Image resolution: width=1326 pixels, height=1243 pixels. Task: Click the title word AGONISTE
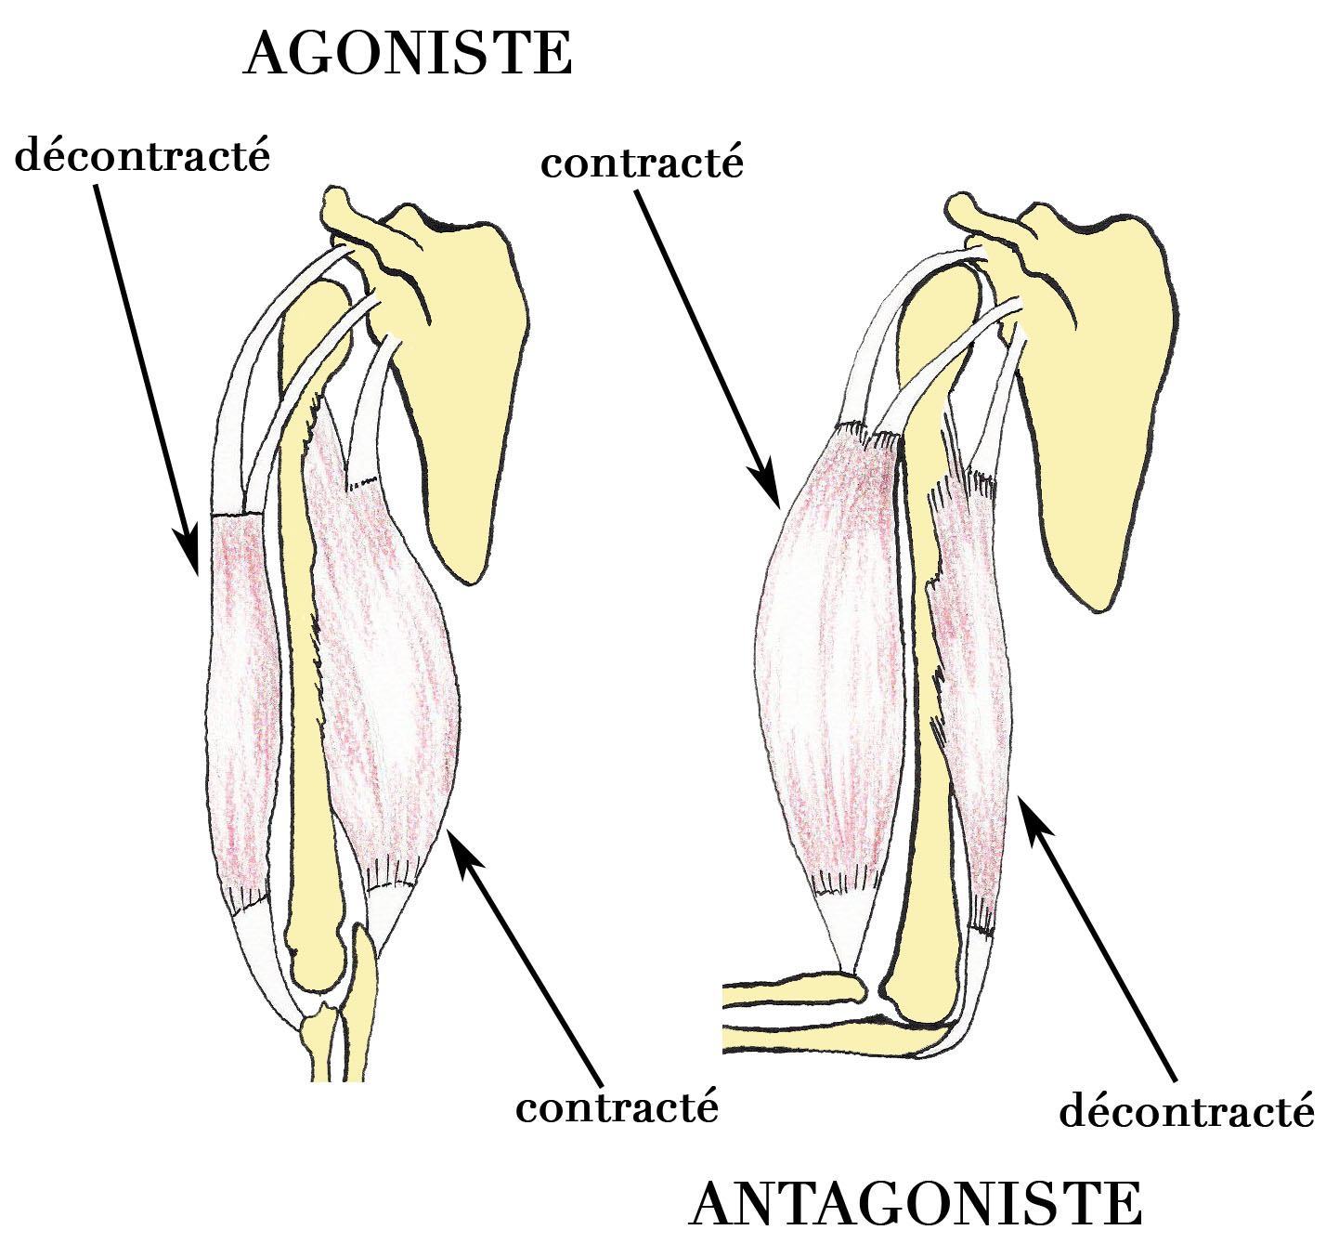coord(408,54)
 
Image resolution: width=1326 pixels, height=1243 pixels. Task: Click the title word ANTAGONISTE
coord(916,1204)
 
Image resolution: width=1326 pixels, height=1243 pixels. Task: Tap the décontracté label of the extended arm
coord(142,155)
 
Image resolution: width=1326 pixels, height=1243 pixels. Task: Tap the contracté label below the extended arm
coord(617,1107)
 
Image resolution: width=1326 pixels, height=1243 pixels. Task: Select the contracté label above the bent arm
coord(643,163)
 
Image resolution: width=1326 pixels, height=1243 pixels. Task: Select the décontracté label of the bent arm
coord(1187,1111)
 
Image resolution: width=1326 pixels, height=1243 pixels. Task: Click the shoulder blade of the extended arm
coord(464,390)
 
